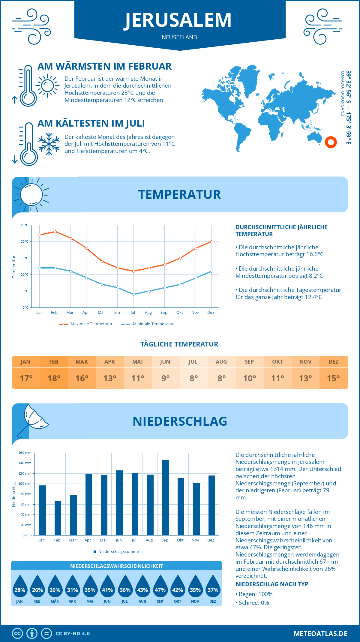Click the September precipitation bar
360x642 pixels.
(x=166, y=498)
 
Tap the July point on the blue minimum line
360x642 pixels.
(x=133, y=294)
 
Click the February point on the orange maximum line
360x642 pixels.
(x=55, y=232)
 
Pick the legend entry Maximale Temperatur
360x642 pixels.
(x=86, y=324)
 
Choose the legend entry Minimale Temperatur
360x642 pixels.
(x=148, y=324)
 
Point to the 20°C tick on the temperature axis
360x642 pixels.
(x=25, y=241)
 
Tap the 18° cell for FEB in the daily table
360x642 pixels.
(x=54, y=378)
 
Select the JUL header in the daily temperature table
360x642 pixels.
(x=193, y=362)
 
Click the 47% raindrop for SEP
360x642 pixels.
(x=160, y=587)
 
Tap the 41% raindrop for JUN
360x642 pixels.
(x=107, y=587)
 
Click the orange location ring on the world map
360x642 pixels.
(x=331, y=142)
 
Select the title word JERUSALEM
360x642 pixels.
(x=178, y=20)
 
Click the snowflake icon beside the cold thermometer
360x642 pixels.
(x=49, y=144)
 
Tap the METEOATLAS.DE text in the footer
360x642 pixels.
(x=320, y=634)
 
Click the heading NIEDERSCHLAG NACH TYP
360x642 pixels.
(x=272, y=584)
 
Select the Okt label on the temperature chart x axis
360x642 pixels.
(x=179, y=313)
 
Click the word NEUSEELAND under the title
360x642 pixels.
(x=179, y=37)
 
